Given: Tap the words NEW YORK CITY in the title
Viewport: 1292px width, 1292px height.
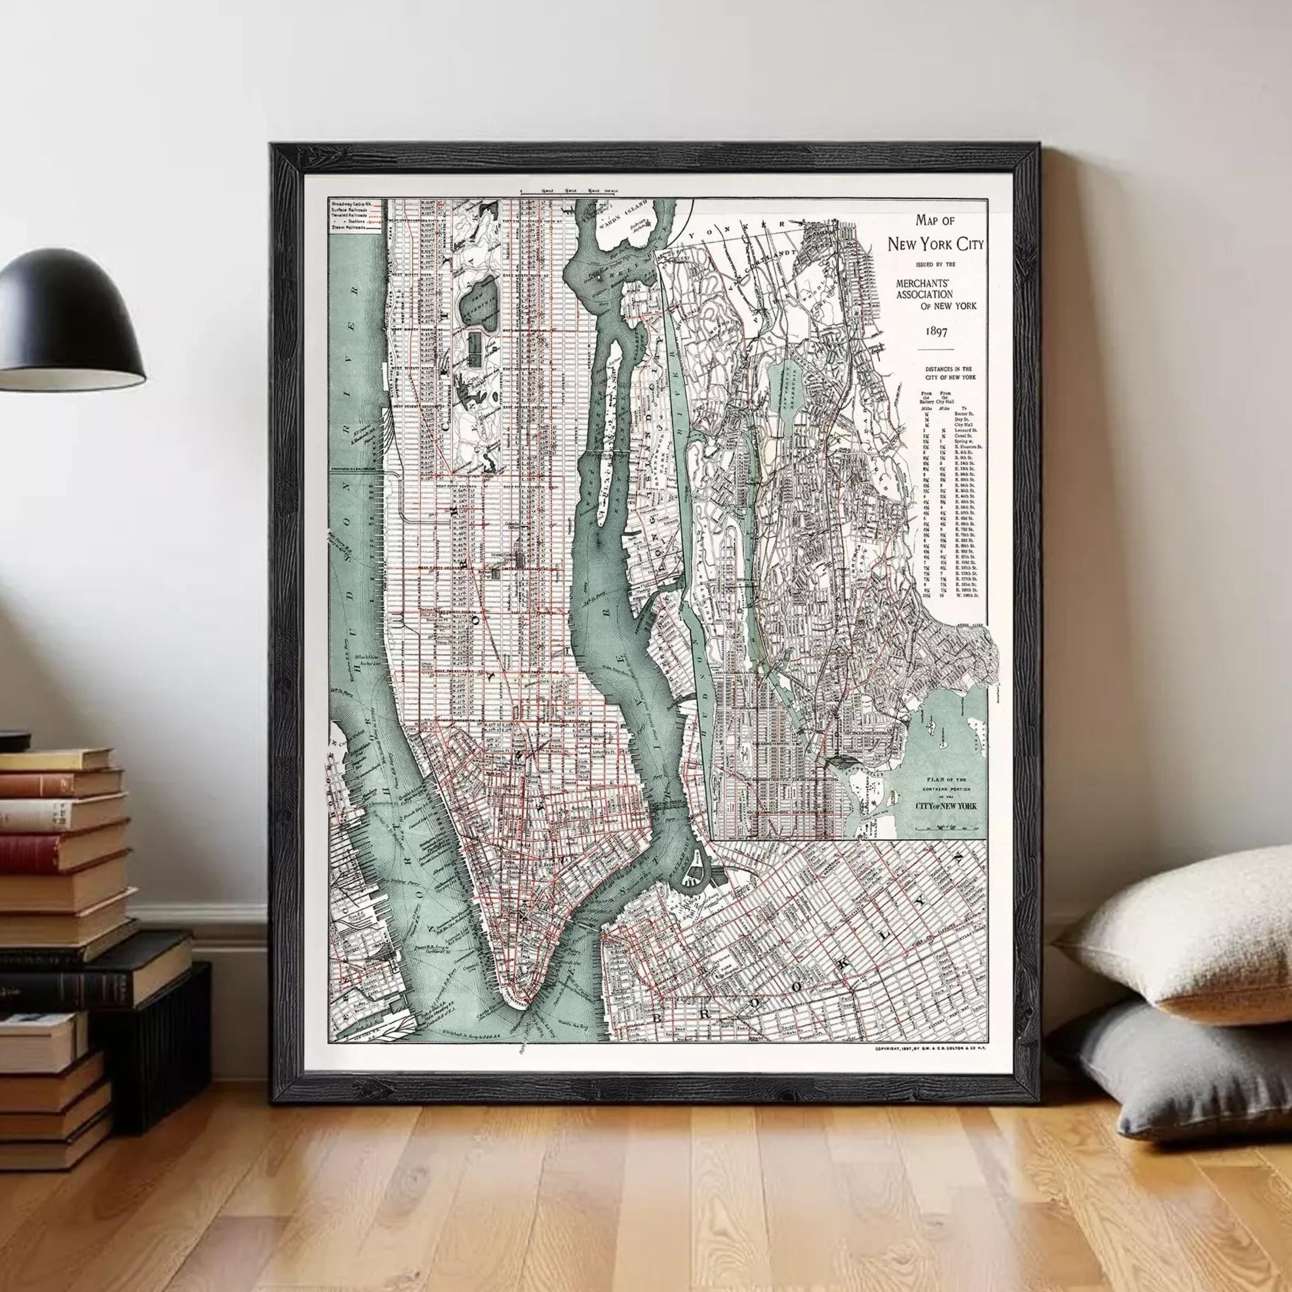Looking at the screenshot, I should point(936,244).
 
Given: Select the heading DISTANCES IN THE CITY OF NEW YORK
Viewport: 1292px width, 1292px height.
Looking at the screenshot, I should point(948,373).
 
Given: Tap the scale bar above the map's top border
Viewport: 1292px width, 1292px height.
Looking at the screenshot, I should point(569,193).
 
